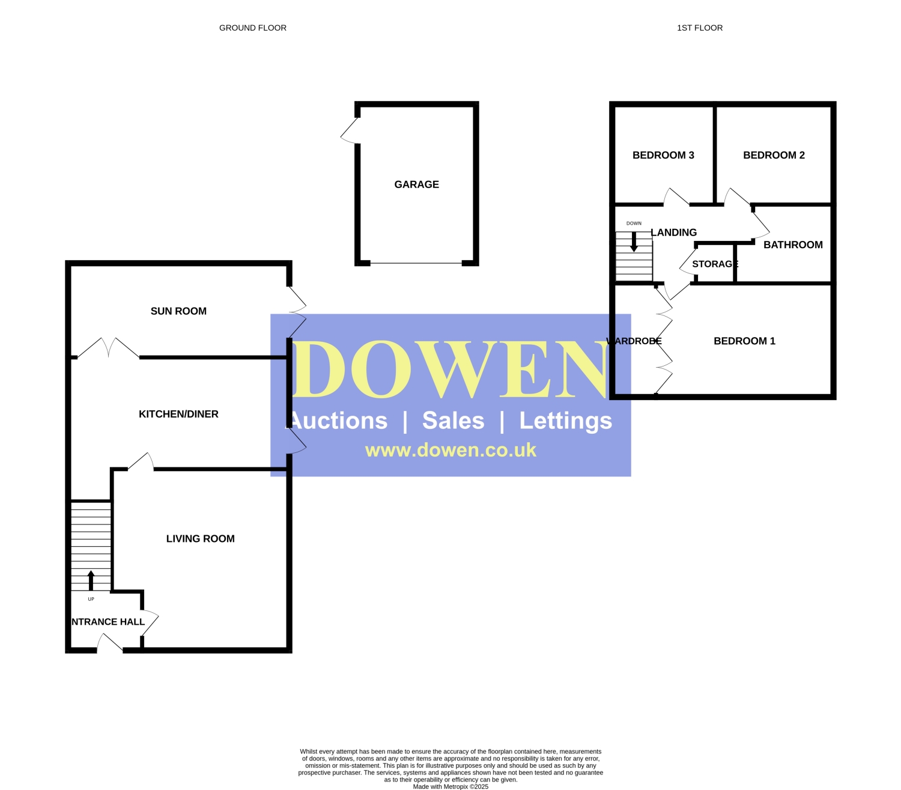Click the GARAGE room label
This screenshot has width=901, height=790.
[x=416, y=184]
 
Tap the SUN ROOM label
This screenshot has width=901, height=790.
[x=178, y=311]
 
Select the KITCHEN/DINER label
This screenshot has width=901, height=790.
[x=178, y=414]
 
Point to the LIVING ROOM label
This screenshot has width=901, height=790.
[x=200, y=538]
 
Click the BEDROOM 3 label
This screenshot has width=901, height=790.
[x=663, y=155]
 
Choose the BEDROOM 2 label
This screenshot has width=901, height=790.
[x=774, y=155]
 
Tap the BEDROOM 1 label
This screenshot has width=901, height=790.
[x=744, y=341]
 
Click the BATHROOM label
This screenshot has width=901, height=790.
[x=792, y=244]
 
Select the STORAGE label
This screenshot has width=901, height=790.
[x=715, y=264]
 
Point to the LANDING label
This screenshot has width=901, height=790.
[x=673, y=232]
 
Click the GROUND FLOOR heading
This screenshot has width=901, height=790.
[x=253, y=28]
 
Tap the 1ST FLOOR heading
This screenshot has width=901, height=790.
[x=699, y=28]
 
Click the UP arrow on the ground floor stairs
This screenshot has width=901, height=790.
[x=91, y=580]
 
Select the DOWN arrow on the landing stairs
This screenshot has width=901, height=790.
[x=634, y=242]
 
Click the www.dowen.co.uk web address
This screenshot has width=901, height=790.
[x=450, y=450]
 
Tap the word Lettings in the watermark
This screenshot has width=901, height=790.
[x=565, y=421]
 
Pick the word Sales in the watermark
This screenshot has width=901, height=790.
[x=453, y=421]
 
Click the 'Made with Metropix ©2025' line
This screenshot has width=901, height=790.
[x=450, y=786]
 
